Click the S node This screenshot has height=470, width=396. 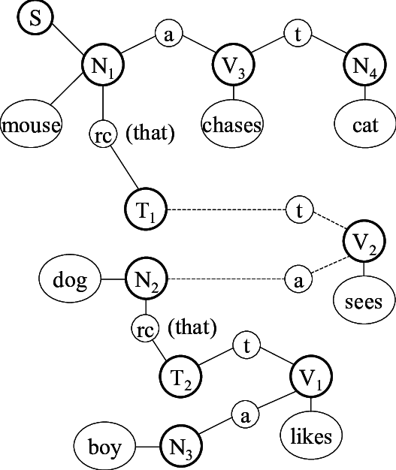(35, 18)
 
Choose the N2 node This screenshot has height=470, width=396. (146, 281)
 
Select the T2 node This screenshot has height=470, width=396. (182, 373)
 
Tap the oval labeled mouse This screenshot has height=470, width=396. (31, 126)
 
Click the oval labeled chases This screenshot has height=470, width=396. (233, 125)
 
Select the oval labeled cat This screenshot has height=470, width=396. (364, 125)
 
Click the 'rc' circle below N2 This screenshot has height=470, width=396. (145, 328)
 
